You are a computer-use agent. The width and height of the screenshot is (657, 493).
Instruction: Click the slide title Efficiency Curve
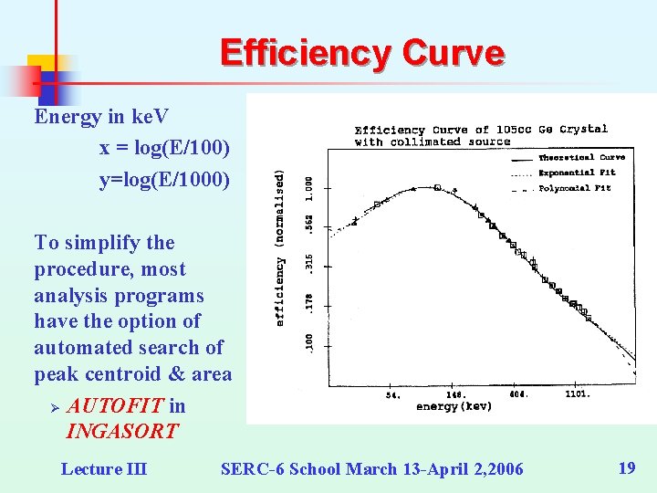click(x=361, y=53)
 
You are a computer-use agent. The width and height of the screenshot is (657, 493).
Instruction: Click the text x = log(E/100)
click(x=164, y=147)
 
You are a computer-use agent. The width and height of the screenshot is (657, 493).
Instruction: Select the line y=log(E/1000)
click(x=164, y=180)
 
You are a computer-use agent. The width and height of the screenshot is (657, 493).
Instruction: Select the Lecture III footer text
click(x=103, y=469)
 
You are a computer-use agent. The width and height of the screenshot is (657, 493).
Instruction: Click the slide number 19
click(x=626, y=468)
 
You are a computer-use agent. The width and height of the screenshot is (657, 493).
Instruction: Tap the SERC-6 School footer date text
click(x=372, y=469)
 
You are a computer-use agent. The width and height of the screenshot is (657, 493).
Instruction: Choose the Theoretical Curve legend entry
click(x=581, y=157)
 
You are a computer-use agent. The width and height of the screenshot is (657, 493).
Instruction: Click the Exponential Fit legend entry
click(x=577, y=172)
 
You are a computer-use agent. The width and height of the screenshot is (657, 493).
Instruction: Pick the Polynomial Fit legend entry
click(x=575, y=188)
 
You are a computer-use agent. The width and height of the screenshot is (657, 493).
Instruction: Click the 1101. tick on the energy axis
click(x=577, y=394)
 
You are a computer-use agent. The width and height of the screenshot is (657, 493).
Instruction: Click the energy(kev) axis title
click(x=454, y=405)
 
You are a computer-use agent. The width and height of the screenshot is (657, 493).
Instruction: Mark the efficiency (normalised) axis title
click(x=280, y=246)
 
